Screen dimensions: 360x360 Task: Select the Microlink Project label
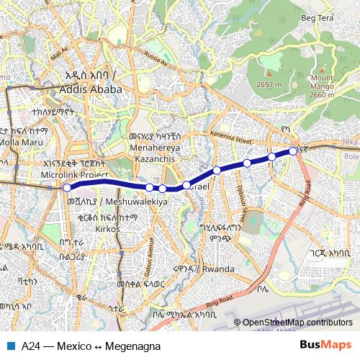point(74,174)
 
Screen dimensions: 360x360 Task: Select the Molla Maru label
point(22,143)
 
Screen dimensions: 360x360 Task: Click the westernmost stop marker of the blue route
point(67,187)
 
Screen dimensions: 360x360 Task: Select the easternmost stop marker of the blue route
point(293,150)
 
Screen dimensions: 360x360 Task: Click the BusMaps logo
point(325,345)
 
